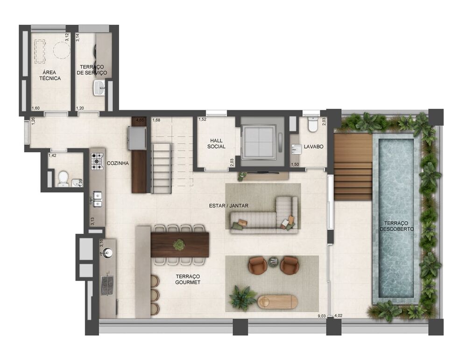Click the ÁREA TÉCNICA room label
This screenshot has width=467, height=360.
tap(50, 75)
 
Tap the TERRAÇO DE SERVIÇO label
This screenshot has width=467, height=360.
tap(92, 70)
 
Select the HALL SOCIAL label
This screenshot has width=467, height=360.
tap(217, 143)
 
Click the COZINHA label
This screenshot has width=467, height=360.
tap(118, 163)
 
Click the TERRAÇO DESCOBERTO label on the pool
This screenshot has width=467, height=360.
tap(396, 226)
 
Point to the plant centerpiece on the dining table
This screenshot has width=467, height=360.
tap(179, 245)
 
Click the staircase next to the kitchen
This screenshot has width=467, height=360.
tap(162, 168)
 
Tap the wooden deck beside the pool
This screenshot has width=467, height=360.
tap(354, 166)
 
